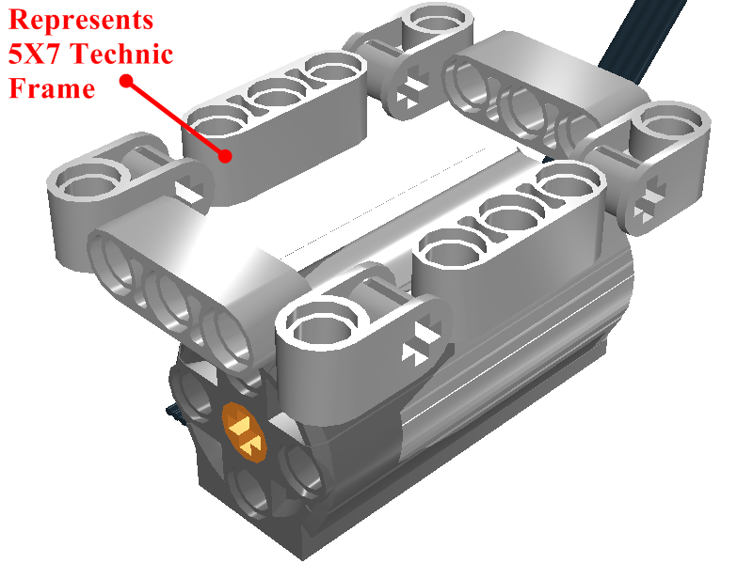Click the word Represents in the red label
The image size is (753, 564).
pyautogui.click(x=81, y=20)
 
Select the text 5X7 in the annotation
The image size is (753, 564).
pyautogui.click(x=34, y=54)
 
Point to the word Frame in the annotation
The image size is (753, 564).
pyautogui.click(x=52, y=88)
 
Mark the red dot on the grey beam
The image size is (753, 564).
pyautogui.click(x=225, y=155)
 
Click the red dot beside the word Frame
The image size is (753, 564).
pyautogui.click(x=126, y=82)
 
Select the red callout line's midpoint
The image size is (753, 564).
pyautogui.click(x=175, y=118)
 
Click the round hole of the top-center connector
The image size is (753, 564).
pyautogui.click(x=436, y=22)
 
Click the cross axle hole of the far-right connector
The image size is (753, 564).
pyautogui.click(x=649, y=201)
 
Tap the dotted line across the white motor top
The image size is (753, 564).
pyautogui.click(x=384, y=201)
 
